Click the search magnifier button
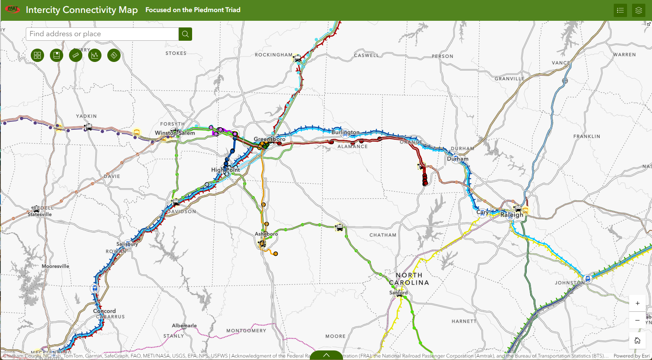[x=185, y=34]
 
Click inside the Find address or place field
[x=102, y=34]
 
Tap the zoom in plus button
[x=637, y=303]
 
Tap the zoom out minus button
[x=637, y=321]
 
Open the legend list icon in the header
[x=620, y=10]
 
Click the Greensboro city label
[x=269, y=139]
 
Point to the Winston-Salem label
[x=175, y=133]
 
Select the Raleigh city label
[x=512, y=215]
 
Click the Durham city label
[x=457, y=159]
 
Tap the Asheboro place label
[x=266, y=234]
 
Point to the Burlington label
[x=346, y=132]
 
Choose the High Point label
[x=225, y=170]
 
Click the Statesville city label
[x=40, y=215]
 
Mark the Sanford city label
[x=398, y=293]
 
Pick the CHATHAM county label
[x=383, y=235]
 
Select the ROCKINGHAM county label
[x=274, y=55]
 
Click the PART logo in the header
[x=12, y=10]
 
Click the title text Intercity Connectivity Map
[x=81, y=10]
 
